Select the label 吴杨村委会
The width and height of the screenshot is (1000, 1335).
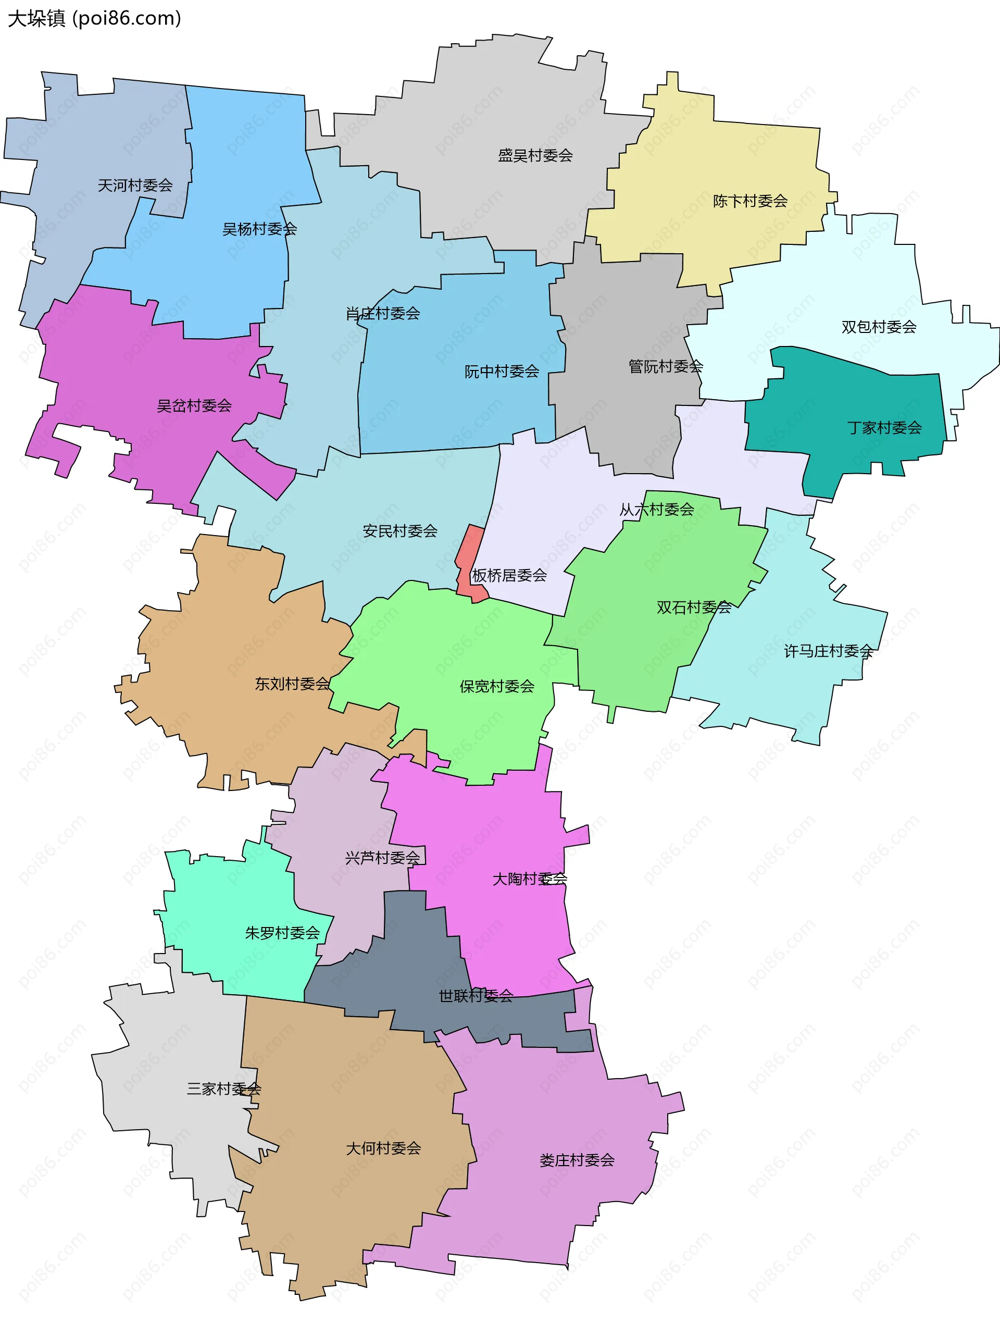pyautogui.click(x=259, y=229)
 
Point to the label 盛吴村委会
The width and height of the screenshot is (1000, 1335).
pyautogui.click(x=535, y=156)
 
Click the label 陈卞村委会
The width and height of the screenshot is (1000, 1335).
pyautogui.click(x=751, y=201)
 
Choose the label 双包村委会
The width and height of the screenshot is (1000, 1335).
pyautogui.click(x=879, y=327)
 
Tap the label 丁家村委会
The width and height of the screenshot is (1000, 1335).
pyautogui.click(x=884, y=428)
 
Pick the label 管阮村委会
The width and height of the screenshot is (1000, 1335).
pyautogui.click(x=666, y=366)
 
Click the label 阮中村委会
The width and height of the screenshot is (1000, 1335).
pyautogui.click(x=501, y=372)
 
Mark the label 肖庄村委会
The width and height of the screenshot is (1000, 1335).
pyautogui.click(x=383, y=314)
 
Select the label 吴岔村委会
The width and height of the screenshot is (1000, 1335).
pyautogui.click(x=194, y=405)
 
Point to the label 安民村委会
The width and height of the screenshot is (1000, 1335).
pyautogui.click(x=400, y=531)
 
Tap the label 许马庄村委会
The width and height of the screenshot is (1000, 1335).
pyautogui.click(x=828, y=651)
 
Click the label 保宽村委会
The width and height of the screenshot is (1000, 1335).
pyautogui.click(x=497, y=686)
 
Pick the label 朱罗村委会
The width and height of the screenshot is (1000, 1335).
pyautogui.click(x=282, y=933)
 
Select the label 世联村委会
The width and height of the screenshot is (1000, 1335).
pyautogui.click(x=476, y=996)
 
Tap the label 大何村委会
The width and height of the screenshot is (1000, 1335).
pyautogui.click(x=383, y=1148)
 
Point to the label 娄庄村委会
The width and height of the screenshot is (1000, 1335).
pyautogui.click(x=577, y=1160)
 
